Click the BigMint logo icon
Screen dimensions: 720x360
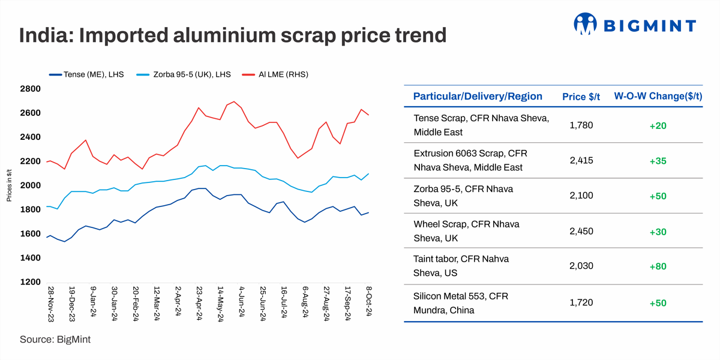tap(587, 24)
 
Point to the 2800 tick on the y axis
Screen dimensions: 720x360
tap(30, 89)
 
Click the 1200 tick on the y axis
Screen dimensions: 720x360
tap(30, 282)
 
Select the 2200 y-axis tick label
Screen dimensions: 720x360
tap(30, 161)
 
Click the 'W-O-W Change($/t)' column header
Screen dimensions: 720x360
tap(658, 97)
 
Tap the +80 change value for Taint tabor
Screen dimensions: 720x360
tap(658, 266)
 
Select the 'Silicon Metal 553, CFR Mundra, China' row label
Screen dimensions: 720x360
tap(461, 303)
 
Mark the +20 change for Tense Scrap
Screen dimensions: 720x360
tap(658, 126)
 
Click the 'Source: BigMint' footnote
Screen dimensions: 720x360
tap(55, 340)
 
